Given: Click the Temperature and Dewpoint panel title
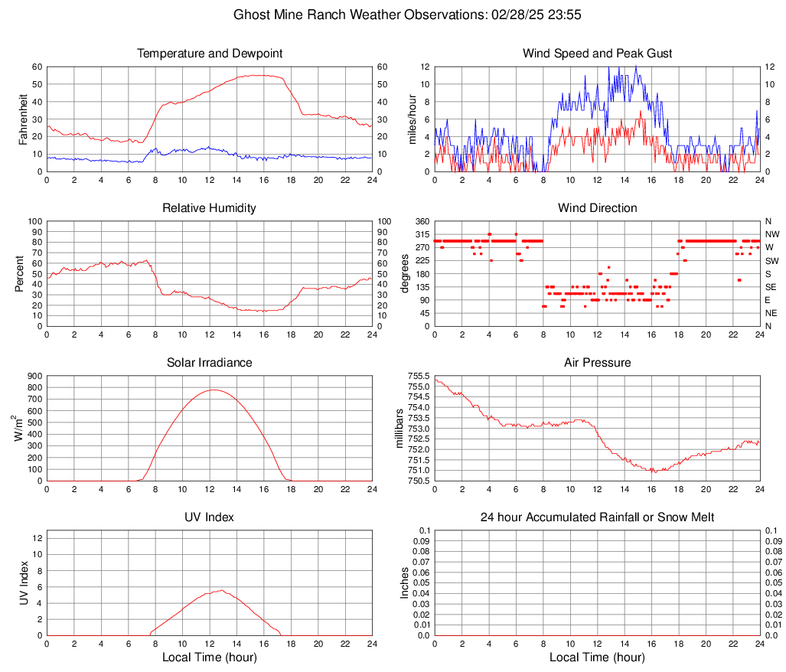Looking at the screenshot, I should click(210, 54).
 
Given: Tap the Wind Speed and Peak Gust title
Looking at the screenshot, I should click(598, 54).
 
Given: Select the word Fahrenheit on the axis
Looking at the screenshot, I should click(23, 119).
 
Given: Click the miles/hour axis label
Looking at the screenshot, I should click(413, 119).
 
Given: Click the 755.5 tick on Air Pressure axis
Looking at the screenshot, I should click(418, 376).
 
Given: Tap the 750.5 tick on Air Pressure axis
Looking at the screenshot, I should click(418, 481).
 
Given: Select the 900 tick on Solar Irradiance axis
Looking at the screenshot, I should click(34, 376).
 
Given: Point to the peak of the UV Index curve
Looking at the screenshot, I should click(221, 590).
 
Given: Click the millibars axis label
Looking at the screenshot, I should click(400, 429).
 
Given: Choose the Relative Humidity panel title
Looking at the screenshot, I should click(210, 208).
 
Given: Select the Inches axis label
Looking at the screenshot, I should click(406, 582).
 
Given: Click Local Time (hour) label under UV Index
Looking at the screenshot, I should click(210, 657).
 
